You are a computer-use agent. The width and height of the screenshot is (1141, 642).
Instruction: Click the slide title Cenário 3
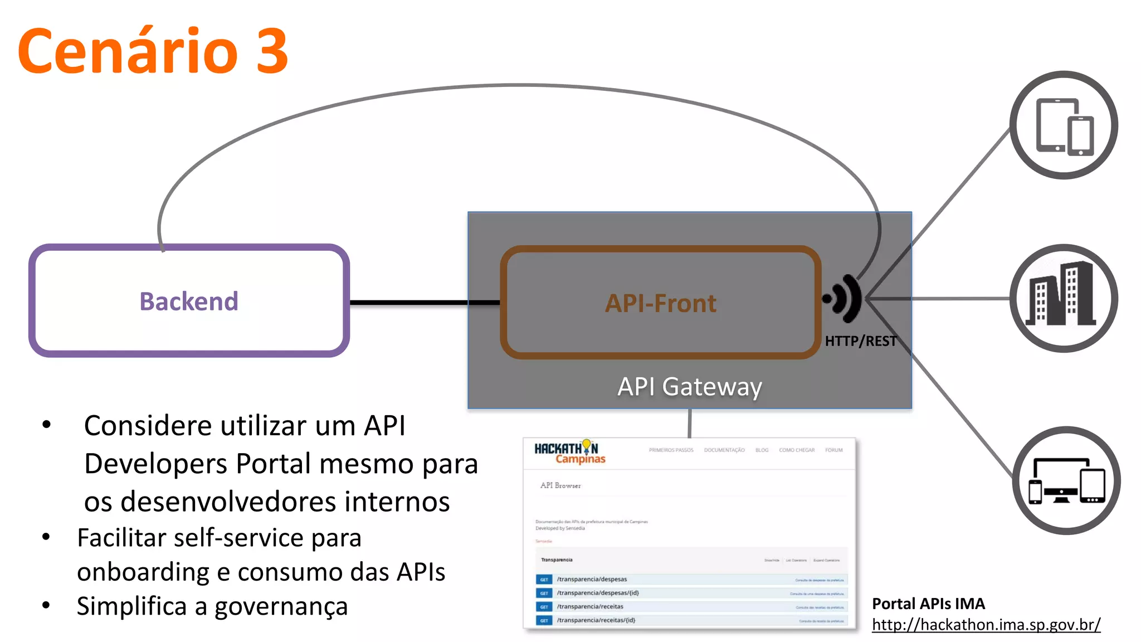(x=153, y=51)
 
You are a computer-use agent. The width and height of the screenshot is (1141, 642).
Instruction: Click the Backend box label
(x=189, y=301)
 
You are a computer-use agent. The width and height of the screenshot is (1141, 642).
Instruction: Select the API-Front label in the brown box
(x=661, y=304)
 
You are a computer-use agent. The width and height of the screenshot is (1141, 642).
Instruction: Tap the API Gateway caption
(x=690, y=386)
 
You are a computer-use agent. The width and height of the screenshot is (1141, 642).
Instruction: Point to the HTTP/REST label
(x=861, y=341)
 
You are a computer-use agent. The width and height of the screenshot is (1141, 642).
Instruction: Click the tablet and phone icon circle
(x=1064, y=125)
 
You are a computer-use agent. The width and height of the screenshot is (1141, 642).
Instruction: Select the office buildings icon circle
(x=1064, y=298)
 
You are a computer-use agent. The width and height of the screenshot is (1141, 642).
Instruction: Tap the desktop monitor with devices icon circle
(x=1066, y=480)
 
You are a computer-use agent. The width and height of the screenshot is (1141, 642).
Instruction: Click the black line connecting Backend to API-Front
(x=423, y=303)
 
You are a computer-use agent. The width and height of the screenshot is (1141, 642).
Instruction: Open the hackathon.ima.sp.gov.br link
(x=986, y=625)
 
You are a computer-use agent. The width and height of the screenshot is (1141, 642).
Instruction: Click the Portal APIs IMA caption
(x=928, y=604)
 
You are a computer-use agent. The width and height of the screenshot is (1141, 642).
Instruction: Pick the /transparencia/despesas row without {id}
(x=592, y=580)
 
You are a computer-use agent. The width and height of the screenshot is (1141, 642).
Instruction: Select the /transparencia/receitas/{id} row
(x=596, y=620)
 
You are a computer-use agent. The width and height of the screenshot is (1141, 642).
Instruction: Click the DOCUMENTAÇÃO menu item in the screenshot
(x=724, y=450)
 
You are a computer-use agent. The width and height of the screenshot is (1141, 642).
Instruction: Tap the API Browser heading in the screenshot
(x=560, y=485)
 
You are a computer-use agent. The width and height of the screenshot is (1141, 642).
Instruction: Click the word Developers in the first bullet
(x=155, y=464)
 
